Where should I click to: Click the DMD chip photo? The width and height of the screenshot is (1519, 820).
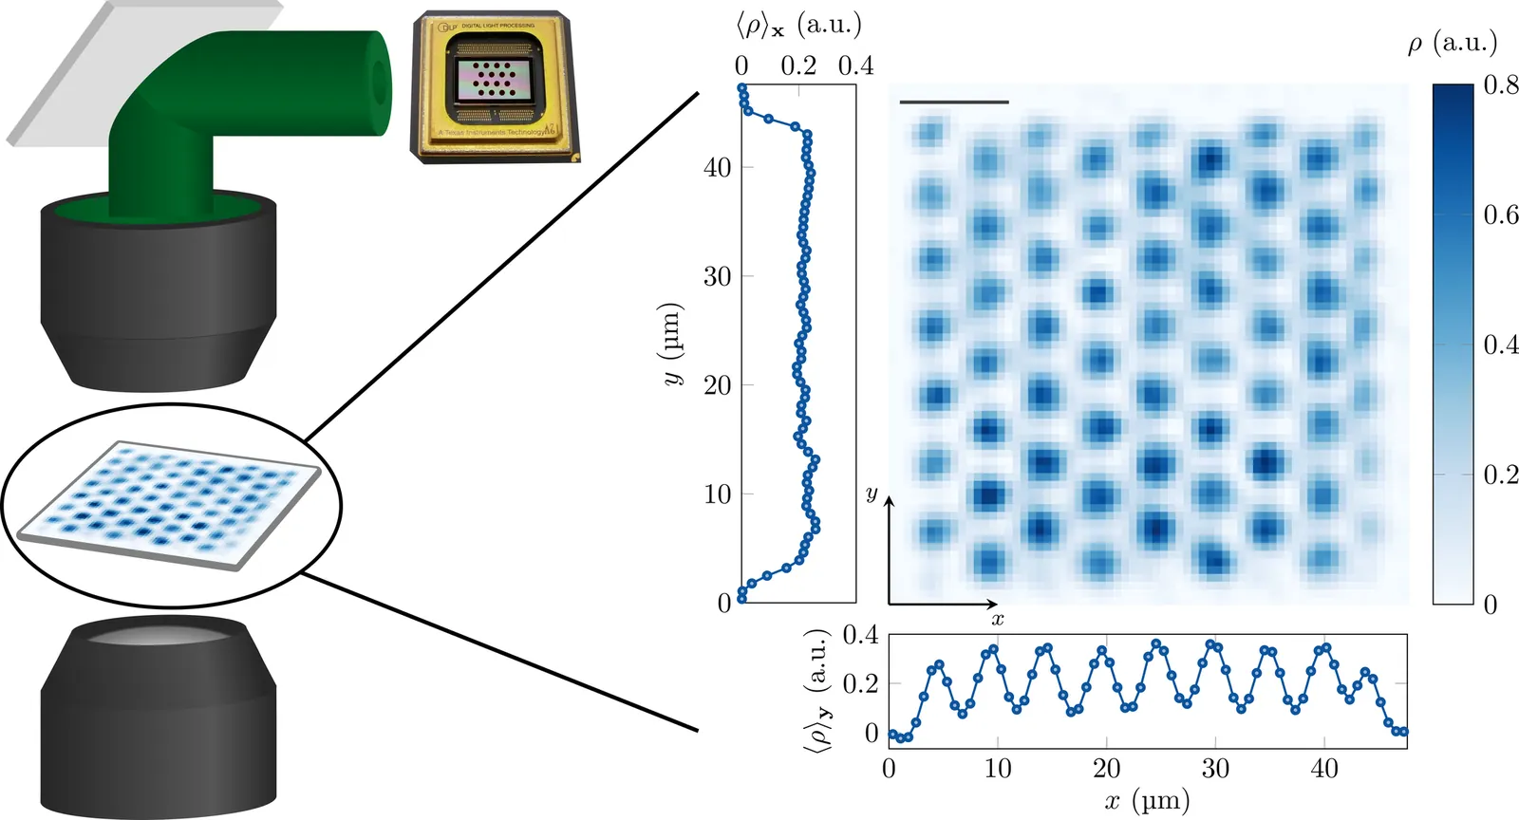point(495,87)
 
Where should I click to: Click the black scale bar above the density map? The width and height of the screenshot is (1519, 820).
point(953,102)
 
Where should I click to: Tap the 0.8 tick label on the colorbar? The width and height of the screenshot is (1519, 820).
point(1500,85)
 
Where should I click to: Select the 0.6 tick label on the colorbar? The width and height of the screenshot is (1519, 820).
point(1500,215)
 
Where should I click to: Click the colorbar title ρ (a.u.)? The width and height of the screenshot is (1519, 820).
point(1452,43)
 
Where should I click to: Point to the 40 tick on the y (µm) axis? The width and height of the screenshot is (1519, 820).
point(717,167)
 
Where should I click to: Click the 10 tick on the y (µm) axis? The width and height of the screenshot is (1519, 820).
point(717,494)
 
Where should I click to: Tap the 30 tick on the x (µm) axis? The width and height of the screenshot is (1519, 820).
point(1215,769)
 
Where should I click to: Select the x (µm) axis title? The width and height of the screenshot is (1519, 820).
point(1147,802)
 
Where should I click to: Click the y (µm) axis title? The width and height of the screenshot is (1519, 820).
point(672,344)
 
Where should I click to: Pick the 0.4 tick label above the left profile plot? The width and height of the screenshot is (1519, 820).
point(855,65)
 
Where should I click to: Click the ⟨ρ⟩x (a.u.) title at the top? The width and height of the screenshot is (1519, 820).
point(798,25)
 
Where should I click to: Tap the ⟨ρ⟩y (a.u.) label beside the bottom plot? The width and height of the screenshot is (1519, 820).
point(818,690)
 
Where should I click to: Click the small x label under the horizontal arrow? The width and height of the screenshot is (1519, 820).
point(997,620)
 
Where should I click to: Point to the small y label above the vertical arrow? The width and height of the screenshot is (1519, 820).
point(872,494)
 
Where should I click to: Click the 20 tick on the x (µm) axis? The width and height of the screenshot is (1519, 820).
point(1106,769)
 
